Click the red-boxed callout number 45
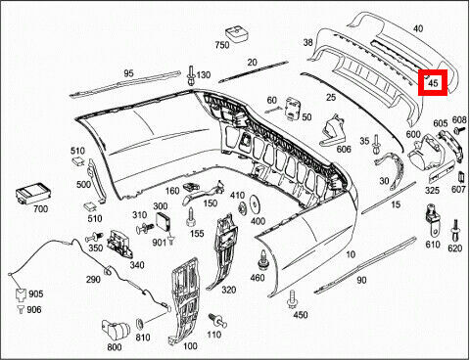click(433, 83)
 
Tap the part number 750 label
click(222, 45)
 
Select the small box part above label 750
click(237, 34)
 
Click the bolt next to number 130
click(190, 75)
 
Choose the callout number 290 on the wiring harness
click(93, 280)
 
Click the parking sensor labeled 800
click(117, 331)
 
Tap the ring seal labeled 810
click(140, 323)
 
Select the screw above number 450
click(292, 299)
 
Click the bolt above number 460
click(262, 260)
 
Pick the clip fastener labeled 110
click(217, 320)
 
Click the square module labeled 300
click(163, 222)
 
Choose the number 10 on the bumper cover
click(351, 254)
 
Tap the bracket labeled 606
click(331, 130)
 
